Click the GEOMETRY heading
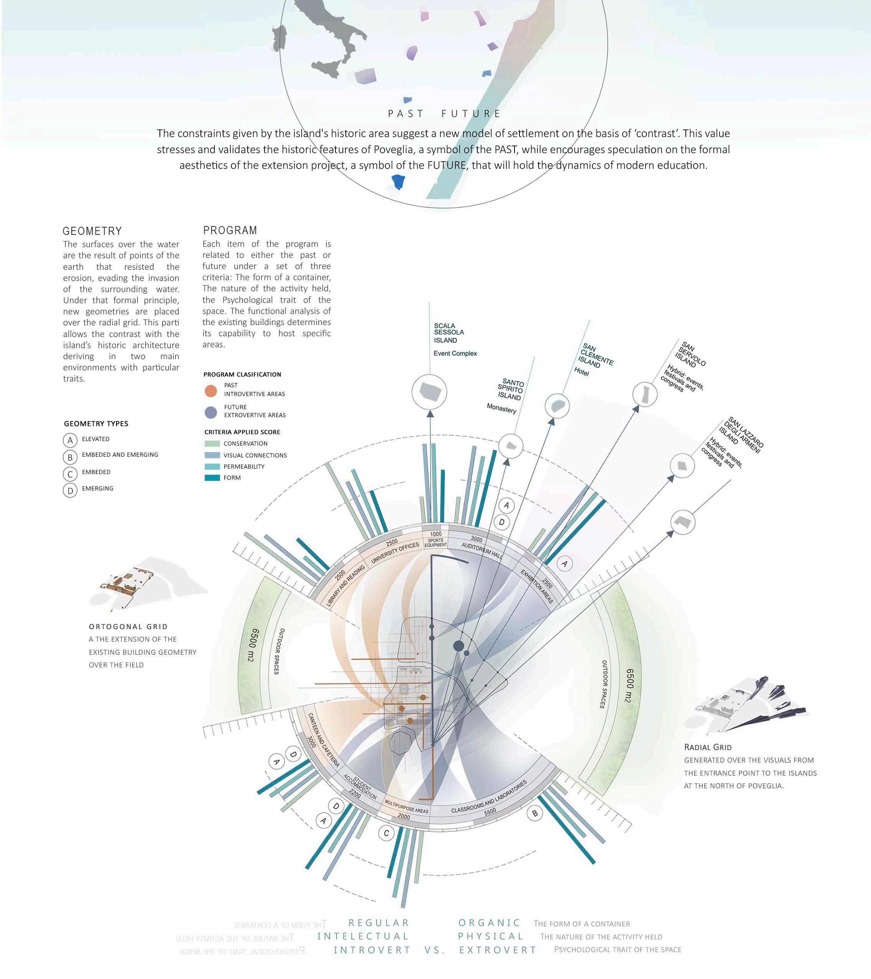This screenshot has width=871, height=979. pyautogui.click(x=92, y=231)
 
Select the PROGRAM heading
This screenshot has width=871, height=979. pyautogui.click(x=230, y=230)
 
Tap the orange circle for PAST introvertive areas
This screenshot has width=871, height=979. pyautogui.click(x=210, y=391)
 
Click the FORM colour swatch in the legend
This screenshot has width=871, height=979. pyautogui.click(x=212, y=477)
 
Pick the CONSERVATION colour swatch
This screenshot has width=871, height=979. pyautogui.click(x=212, y=444)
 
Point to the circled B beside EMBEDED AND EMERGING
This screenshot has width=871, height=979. pyautogui.click(x=70, y=457)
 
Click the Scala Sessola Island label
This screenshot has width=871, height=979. pyautogui.click(x=449, y=333)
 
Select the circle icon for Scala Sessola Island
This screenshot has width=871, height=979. pyautogui.click(x=429, y=392)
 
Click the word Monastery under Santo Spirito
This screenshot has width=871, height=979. pyautogui.click(x=501, y=408)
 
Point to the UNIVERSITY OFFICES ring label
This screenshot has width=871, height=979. pyautogui.click(x=395, y=552)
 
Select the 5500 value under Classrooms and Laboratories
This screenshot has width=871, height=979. pyautogui.click(x=490, y=811)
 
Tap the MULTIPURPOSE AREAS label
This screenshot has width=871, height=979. pyautogui.click(x=406, y=807)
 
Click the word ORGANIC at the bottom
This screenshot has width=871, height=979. pyautogui.click(x=489, y=923)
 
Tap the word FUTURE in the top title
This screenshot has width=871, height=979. pyautogui.click(x=471, y=114)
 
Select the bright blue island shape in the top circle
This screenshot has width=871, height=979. pyautogui.click(x=398, y=182)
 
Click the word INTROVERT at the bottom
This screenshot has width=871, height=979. pyautogui.click(x=372, y=950)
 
